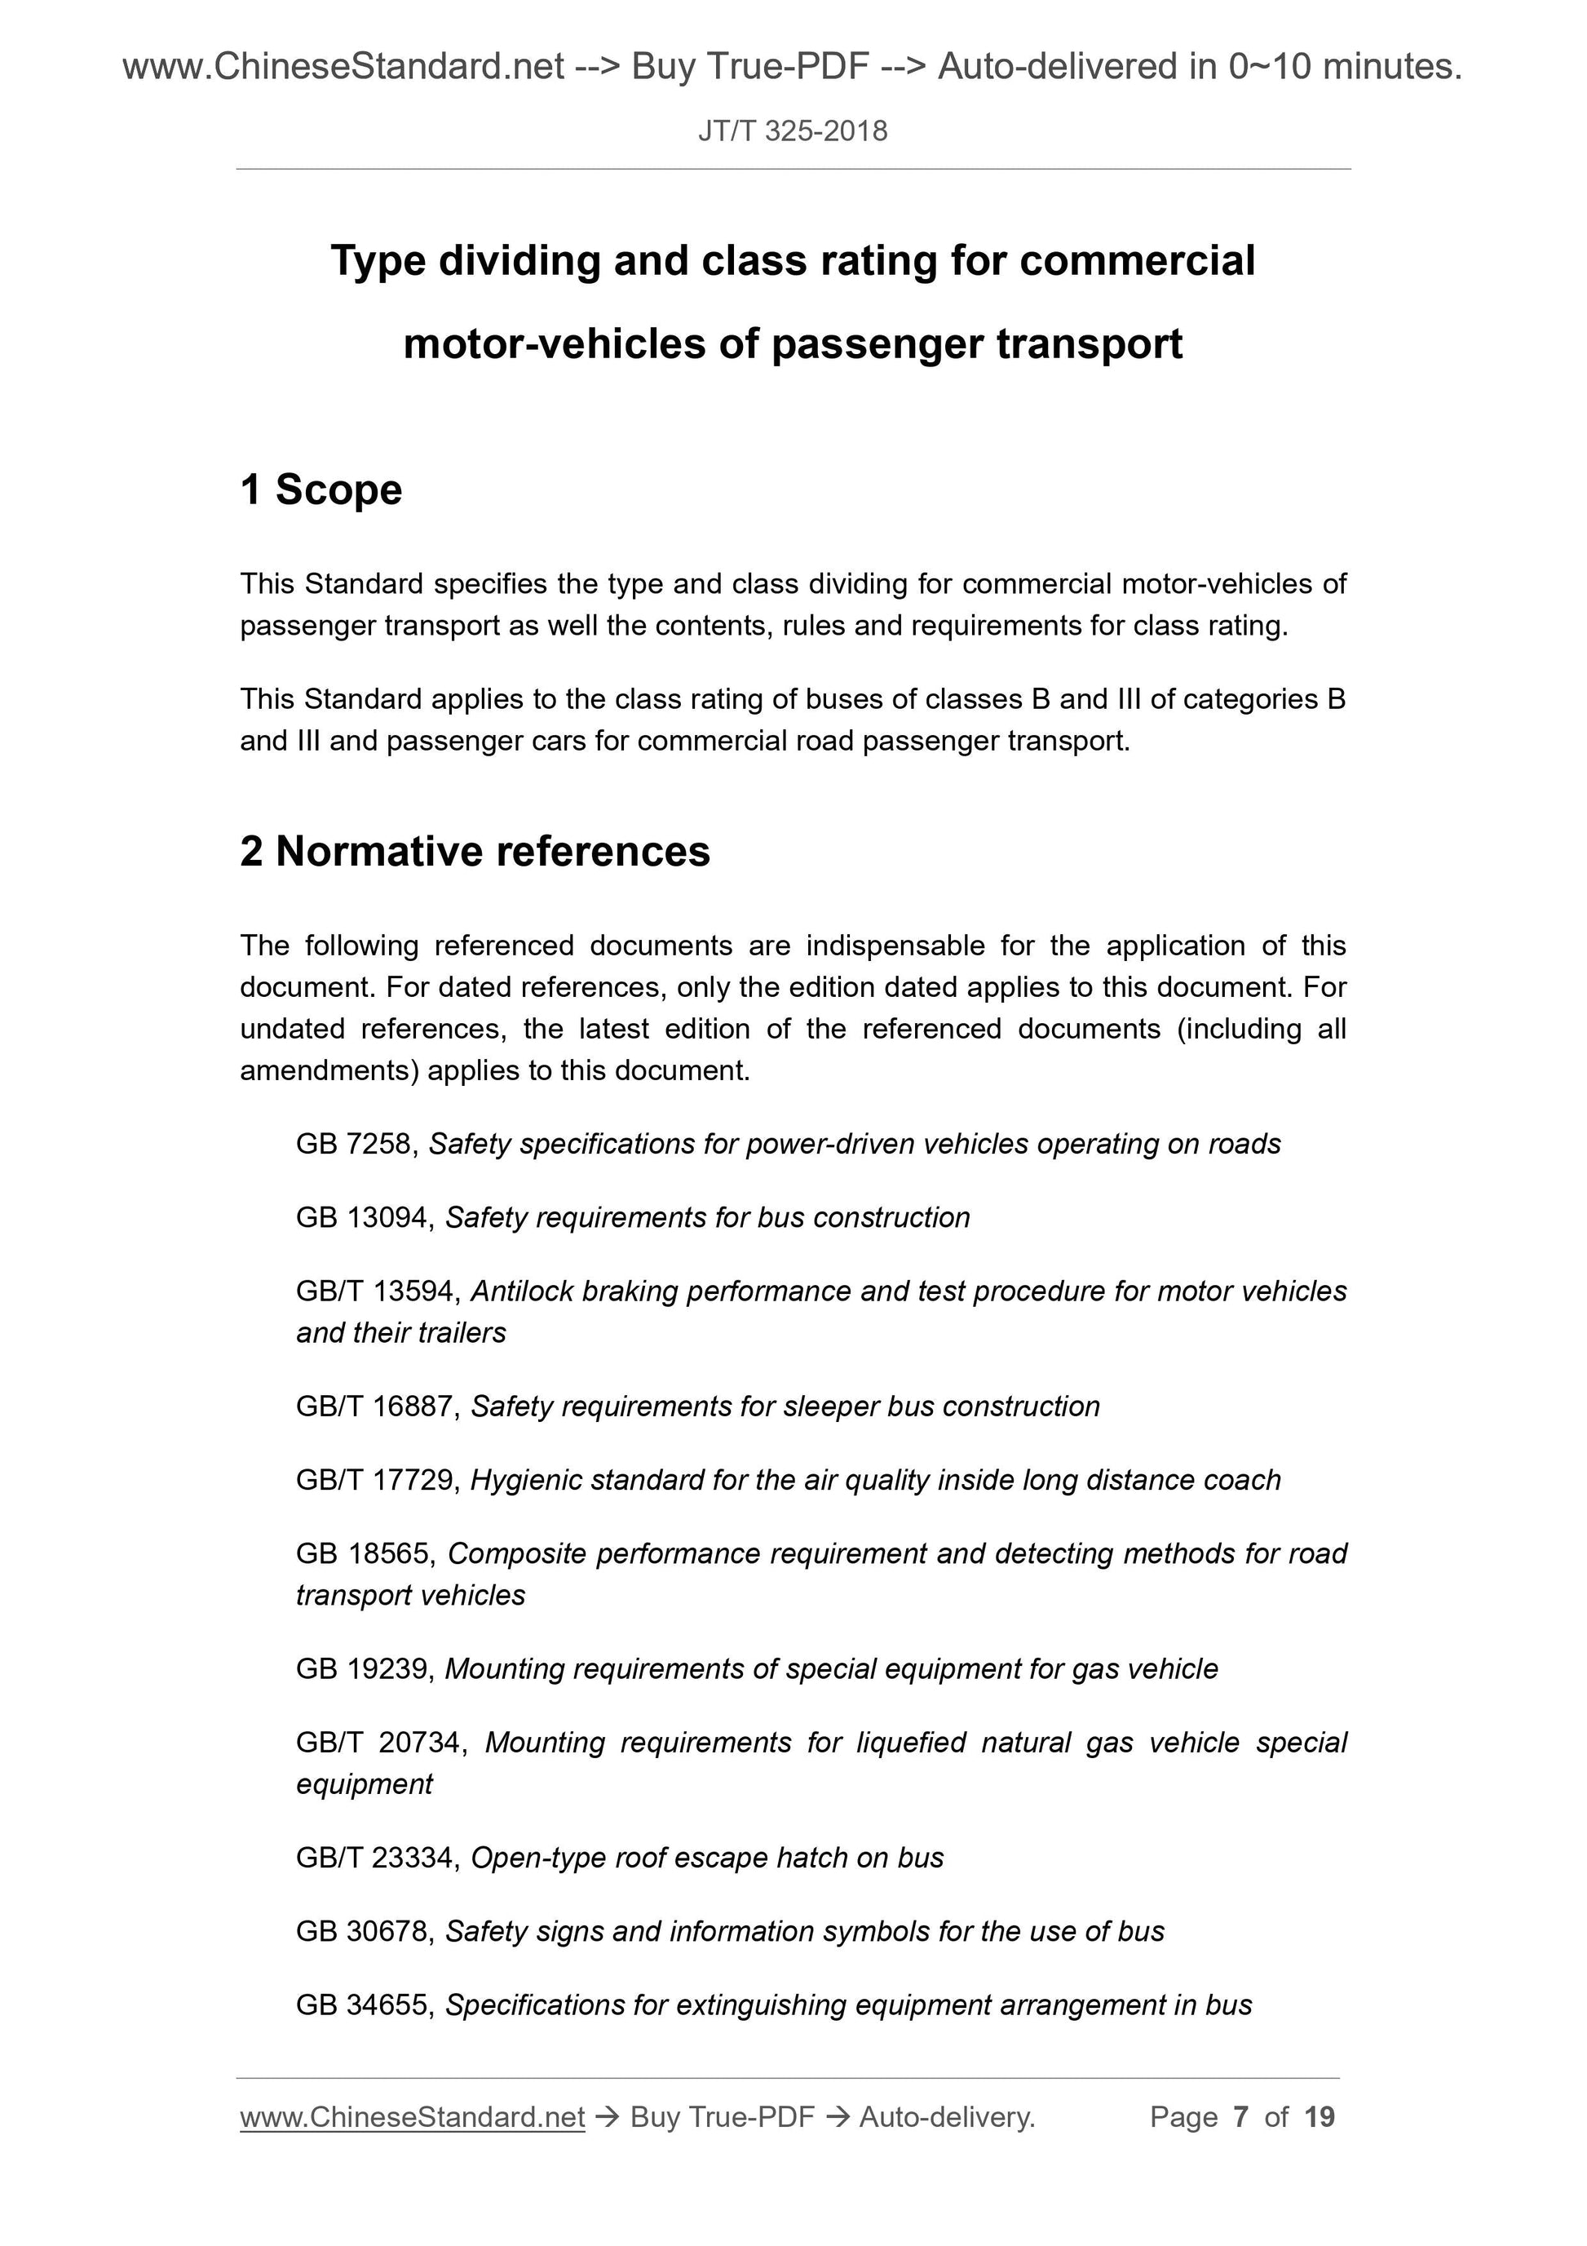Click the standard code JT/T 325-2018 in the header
(x=792, y=131)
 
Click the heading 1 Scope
(x=320, y=490)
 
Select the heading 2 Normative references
(x=475, y=851)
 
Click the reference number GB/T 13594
(x=377, y=1291)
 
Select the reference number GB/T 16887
(x=377, y=1406)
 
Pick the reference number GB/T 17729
(x=377, y=1480)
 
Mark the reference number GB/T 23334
(x=377, y=1858)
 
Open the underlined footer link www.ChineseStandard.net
(x=412, y=2117)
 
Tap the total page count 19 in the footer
(x=1319, y=2117)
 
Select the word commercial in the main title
(x=1136, y=260)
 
